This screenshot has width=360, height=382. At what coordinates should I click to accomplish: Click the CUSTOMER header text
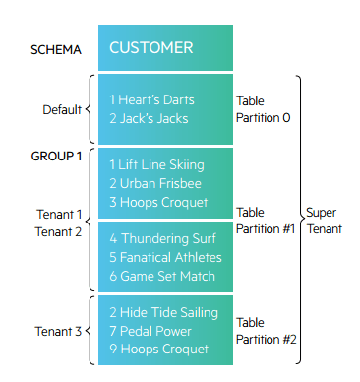point(150,47)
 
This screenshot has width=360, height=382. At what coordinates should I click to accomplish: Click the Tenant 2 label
point(58,231)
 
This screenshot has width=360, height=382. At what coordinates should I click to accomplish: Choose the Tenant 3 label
point(58,332)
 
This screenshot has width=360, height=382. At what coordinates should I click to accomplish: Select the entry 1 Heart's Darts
point(151,100)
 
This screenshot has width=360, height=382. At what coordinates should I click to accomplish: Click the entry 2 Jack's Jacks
point(149,118)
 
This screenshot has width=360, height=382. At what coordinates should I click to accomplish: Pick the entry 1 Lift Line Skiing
point(157,166)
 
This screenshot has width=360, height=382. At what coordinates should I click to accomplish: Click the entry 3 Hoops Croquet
point(158,202)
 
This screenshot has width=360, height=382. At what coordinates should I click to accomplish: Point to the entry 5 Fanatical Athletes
point(165,257)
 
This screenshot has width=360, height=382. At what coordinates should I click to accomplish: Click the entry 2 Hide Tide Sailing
point(163,313)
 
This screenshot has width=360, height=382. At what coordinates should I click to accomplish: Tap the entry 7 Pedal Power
point(151,331)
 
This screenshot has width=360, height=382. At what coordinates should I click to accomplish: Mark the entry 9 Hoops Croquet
point(158,349)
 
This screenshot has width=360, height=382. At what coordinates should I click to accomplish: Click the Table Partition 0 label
point(264,109)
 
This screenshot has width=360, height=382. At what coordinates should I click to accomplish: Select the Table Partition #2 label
point(267,330)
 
